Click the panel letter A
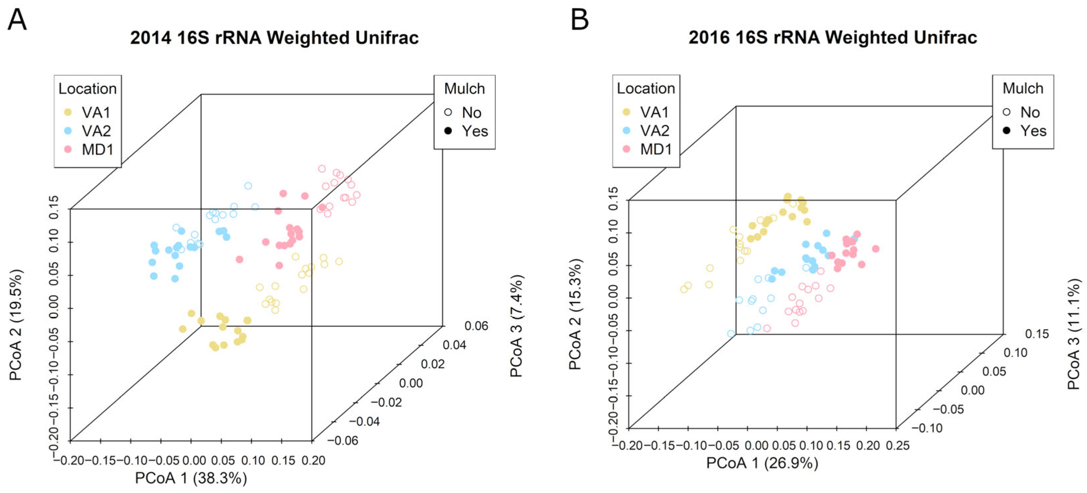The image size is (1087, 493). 17,20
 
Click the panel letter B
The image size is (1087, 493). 579,20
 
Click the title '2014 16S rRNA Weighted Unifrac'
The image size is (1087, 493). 274,38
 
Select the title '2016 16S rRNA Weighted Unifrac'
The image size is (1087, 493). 833,37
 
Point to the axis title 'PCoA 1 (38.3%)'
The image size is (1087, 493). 191,478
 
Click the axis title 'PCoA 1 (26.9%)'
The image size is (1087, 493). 762,463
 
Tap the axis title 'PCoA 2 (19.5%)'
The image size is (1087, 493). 16,325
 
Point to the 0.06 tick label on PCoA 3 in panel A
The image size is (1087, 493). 476,326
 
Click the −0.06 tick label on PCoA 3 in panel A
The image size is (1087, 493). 342,441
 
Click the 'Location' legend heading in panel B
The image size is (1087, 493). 646,89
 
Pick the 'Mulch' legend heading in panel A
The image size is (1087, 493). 464,89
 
